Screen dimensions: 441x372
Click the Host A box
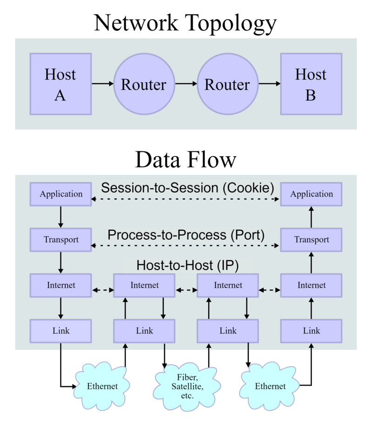(x=60, y=84)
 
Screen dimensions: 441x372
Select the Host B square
(x=311, y=84)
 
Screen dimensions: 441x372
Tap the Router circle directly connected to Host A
(x=144, y=84)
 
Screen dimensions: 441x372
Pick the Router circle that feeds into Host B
(x=227, y=84)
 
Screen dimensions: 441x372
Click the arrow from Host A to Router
(x=102, y=84)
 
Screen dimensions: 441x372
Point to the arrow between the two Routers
(x=186, y=84)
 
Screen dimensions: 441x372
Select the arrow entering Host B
(x=269, y=84)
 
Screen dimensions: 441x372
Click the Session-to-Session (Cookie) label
(x=187, y=188)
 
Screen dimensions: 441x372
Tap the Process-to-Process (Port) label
(x=186, y=235)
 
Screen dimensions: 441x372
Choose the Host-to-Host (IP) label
(x=187, y=265)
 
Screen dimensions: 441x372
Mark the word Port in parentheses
(x=247, y=235)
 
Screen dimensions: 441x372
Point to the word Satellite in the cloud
(x=186, y=387)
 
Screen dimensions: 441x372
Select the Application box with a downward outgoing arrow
(x=61, y=194)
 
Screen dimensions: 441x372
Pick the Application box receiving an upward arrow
(x=311, y=194)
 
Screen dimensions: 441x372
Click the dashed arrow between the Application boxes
(x=186, y=199)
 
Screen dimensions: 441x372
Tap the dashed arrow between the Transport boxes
(x=186, y=245)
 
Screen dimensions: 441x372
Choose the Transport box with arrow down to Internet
(x=61, y=240)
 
